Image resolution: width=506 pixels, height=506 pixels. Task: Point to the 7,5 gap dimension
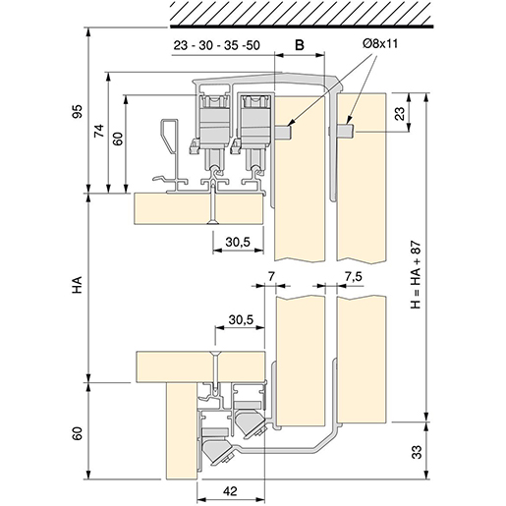coord(355,278)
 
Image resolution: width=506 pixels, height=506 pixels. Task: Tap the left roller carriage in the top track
coord(211,118)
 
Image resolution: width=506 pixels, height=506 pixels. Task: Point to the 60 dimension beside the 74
coord(117,139)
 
